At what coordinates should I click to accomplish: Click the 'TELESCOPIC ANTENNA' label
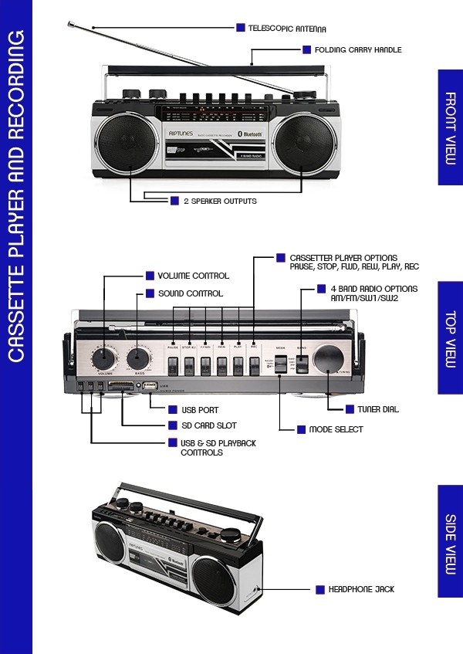(x=287, y=29)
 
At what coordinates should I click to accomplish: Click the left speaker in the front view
(x=121, y=144)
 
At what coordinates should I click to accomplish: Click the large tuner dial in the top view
(x=330, y=360)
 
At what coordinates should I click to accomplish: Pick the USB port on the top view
(x=150, y=385)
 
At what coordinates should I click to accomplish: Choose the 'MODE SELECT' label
(x=336, y=429)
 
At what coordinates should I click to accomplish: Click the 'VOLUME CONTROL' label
(x=193, y=276)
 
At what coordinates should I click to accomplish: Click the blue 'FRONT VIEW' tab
(x=450, y=127)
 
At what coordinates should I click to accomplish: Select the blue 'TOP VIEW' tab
(x=450, y=339)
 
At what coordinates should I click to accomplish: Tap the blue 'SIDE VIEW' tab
(x=450, y=541)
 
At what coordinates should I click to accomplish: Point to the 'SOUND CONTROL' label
(x=190, y=293)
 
